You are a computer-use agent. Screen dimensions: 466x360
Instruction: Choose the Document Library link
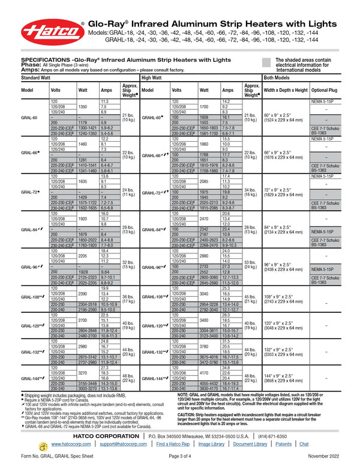[250, 444]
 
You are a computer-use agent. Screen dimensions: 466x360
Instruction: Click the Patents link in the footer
[283, 444]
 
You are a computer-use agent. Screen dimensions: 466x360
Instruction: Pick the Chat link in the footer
[304, 444]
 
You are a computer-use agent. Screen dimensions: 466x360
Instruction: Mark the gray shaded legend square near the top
[266, 62]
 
